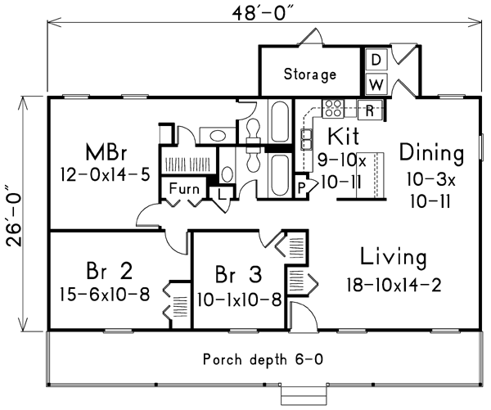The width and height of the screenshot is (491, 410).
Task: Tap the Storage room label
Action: coord(310,74)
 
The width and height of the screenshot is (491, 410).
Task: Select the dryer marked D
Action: coord(375,60)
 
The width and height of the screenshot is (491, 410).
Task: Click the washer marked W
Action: coord(375,84)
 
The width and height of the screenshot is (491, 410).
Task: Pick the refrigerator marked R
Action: coord(371,109)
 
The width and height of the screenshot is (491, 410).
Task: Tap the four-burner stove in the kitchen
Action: coord(333,107)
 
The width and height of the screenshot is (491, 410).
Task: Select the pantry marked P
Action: coord(300,187)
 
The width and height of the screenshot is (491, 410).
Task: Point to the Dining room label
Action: coord(431,152)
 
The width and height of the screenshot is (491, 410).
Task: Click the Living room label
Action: coord(395,259)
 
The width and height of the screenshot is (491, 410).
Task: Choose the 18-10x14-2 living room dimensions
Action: coord(395,285)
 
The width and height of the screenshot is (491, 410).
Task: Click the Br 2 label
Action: coord(109,271)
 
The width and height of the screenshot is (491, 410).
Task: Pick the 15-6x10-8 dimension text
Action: coord(105,294)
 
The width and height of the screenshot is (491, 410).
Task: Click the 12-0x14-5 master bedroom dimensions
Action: coord(104,174)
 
